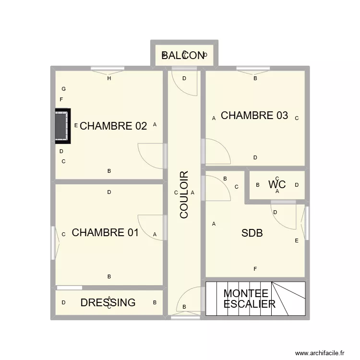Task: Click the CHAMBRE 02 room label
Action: point(113,126)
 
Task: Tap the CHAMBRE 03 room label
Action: point(254,116)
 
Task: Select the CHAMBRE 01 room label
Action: point(105,233)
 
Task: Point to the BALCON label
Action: point(183,56)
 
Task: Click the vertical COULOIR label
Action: point(184,195)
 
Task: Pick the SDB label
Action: point(252,233)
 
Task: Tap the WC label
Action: point(277,184)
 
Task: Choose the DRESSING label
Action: point(108,303)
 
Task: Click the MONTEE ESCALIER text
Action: point(249,299)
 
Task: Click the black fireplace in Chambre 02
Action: point(61,126)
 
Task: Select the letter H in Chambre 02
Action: point(109,78)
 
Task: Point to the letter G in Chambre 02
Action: point(63,89)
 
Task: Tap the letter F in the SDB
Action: point(255,269)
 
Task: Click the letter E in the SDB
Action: point(297,240)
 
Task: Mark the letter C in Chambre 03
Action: point(297,118)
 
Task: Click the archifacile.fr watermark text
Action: point(320,353)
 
